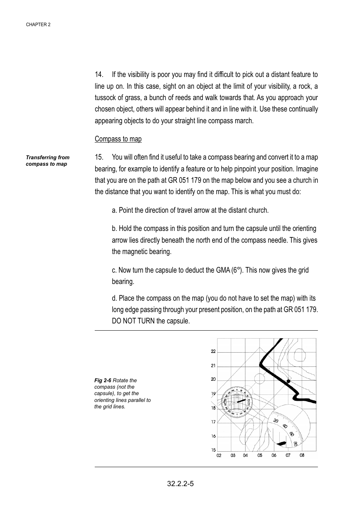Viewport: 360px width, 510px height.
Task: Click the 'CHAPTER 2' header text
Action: point(38,25)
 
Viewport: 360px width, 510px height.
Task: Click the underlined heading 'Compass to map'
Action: point(118,139)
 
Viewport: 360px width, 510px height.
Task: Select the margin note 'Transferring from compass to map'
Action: point(47,161)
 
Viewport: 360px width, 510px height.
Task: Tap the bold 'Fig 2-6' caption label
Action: point(103,380)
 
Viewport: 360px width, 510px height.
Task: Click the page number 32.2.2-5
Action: point(180,484)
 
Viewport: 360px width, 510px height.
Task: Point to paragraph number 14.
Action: point(99,74)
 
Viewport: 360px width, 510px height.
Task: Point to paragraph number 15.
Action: point(99,157)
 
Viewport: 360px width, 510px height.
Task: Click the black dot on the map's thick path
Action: point(288,381)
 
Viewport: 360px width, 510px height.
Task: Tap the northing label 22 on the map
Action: point(213,352)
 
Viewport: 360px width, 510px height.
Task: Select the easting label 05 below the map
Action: point(260,455)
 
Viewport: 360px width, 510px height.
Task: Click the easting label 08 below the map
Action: point(302,455)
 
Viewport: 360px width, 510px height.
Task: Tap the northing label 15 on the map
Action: point(213,450)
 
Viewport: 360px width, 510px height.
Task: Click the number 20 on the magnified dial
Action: point(276,421)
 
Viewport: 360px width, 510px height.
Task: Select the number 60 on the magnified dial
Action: point(291,434)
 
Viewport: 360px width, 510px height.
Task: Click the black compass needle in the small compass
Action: point(241,400)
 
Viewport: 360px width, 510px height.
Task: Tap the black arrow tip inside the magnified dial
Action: point(282,443)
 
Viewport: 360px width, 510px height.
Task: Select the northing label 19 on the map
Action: point(213,394)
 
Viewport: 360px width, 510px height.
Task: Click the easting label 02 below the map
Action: point(219,455)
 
